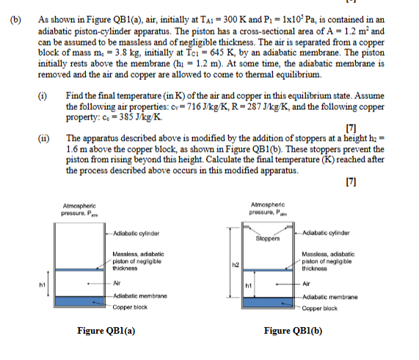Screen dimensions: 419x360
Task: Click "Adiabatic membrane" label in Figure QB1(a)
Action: tap(139, 294)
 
